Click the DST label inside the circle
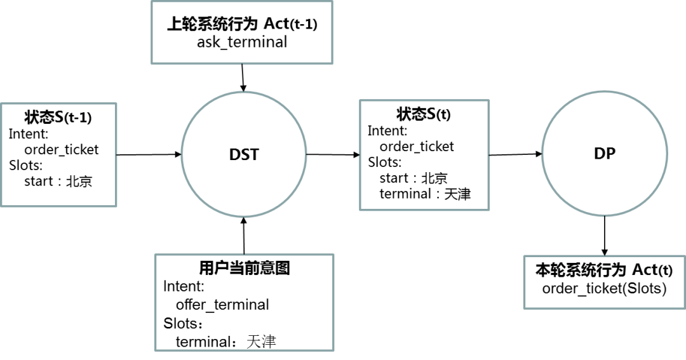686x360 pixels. click(244, 154)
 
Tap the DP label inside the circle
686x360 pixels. click(605, 153)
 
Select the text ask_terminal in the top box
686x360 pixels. click(242, 43)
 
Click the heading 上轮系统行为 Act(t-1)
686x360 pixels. click(242, 25)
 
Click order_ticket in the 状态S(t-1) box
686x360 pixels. click(62, 150)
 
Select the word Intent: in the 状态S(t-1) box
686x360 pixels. click(29, 134)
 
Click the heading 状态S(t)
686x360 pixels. click(424, 114)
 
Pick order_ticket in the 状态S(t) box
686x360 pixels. click(417, 147)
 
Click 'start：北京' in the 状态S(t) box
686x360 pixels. click(414, 178)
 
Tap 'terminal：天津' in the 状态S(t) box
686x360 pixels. click(425, 194)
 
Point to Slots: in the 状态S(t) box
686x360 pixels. click(384, 162)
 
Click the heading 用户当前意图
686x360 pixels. click(245, 268)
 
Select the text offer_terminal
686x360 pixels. click(222, 305)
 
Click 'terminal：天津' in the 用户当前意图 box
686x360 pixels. click(225, 342)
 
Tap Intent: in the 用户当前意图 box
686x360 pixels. click(184, 286)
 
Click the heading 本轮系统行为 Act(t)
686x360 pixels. click(603, 270)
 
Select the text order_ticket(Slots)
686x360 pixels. click(604, 289)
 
